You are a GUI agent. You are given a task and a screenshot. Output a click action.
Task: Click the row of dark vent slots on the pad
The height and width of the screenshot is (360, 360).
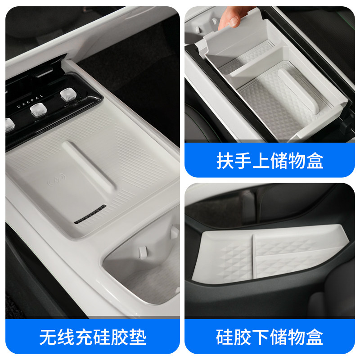tap(90, 215)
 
